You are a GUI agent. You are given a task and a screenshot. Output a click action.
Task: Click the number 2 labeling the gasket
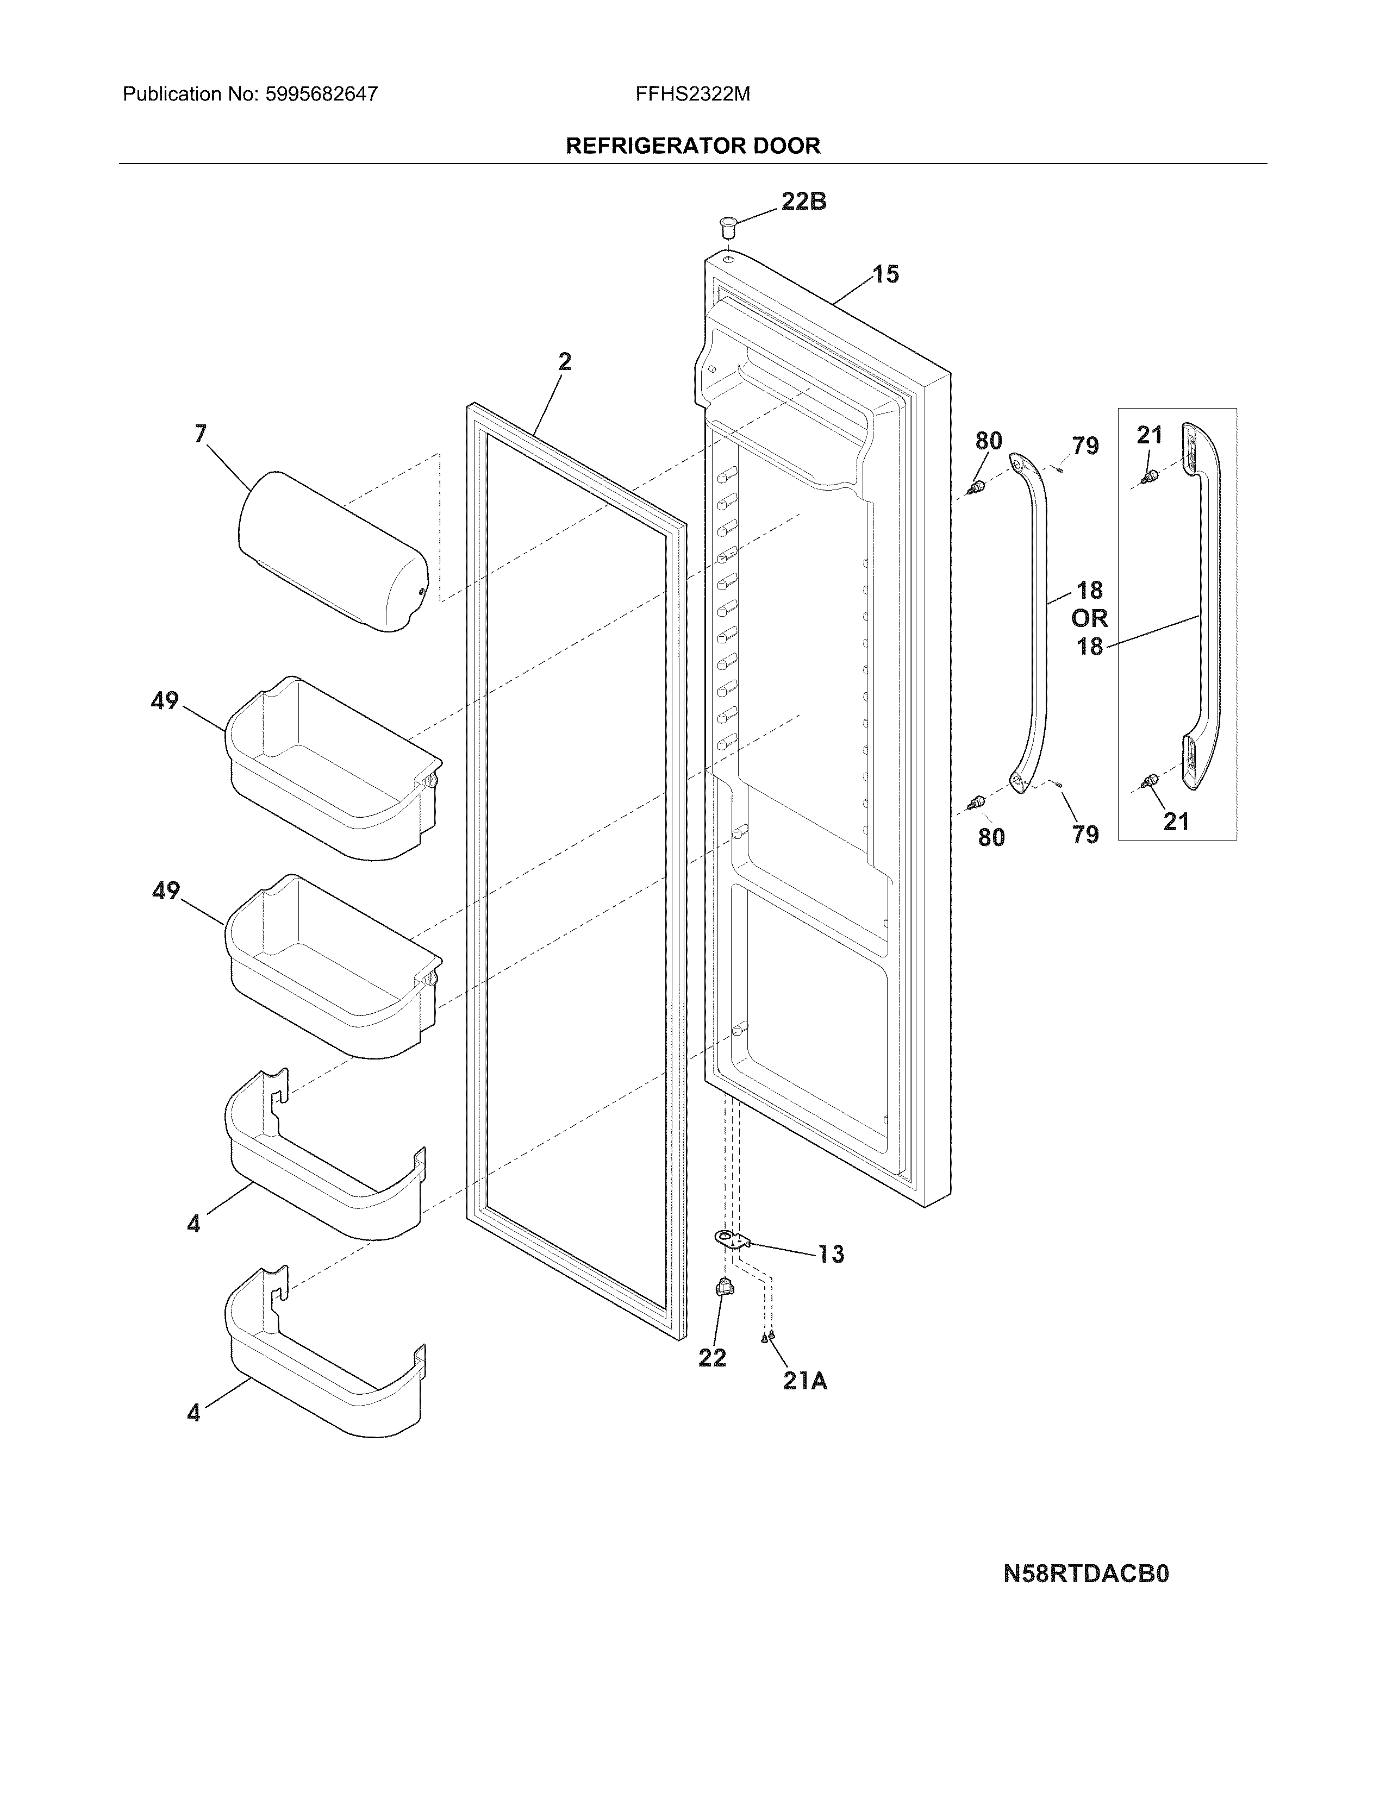pos(565,361)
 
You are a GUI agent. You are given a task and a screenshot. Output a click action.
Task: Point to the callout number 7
pos(201,434)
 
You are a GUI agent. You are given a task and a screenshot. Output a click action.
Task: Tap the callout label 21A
pos(804,1382)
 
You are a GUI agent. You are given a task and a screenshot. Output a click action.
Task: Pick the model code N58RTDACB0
pos(1085,1574)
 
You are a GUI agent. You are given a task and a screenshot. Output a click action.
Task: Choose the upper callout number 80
pos(989,441)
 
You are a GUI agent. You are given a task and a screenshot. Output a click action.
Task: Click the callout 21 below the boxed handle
pos(1176,821)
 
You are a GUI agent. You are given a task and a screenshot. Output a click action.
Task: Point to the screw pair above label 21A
pos(767,1337)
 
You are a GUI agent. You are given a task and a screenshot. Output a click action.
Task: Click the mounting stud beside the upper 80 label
pos(976,490)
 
